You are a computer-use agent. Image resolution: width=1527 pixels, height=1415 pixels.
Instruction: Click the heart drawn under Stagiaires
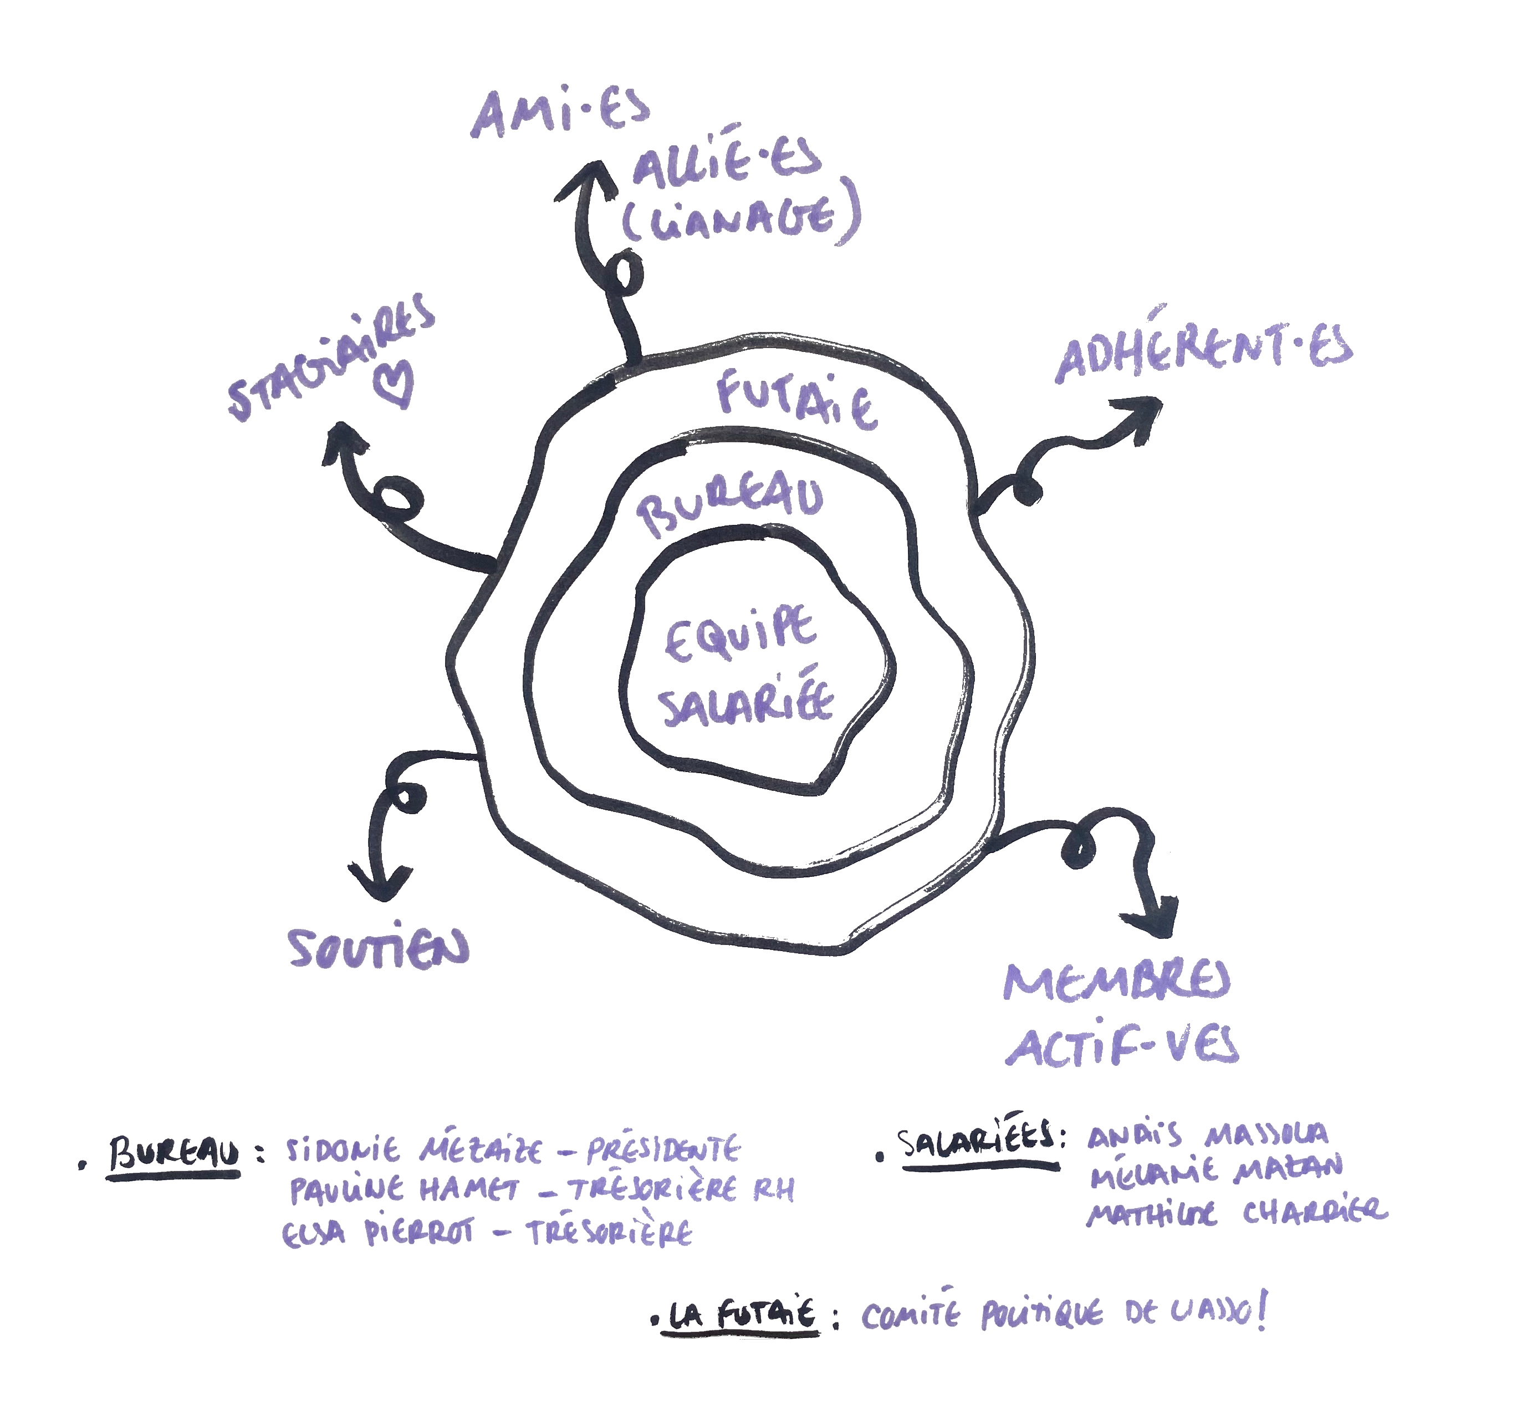coord(396,383)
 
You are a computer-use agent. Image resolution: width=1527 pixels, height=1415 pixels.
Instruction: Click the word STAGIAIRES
coord(331,356)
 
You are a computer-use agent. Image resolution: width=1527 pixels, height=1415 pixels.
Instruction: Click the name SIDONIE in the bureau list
coord(343,1151)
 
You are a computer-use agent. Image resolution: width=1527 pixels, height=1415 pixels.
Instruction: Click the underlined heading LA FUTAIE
coord(741,1315)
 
